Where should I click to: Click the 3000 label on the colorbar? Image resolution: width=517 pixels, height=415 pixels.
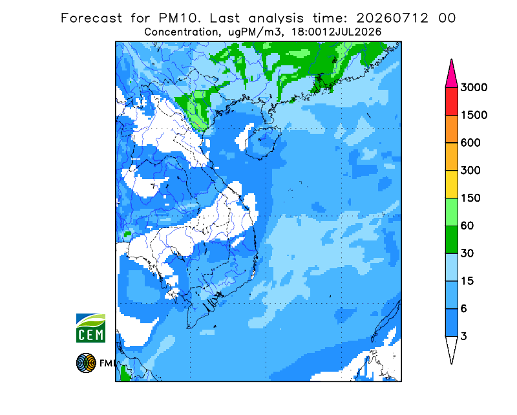point(474,87)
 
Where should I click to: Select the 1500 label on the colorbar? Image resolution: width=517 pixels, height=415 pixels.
point(474,115)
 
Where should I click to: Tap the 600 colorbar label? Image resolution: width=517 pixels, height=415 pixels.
point(470,143)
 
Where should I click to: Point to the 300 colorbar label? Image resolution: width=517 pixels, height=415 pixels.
point(470,171)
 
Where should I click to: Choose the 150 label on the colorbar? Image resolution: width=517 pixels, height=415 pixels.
point(470,198)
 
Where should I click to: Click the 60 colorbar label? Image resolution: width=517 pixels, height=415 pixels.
point(467,226)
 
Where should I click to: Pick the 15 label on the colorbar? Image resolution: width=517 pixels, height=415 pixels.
point(467,281)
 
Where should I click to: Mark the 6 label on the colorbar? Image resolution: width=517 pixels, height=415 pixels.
point(463,309)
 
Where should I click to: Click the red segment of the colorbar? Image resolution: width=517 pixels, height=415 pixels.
point(451,101)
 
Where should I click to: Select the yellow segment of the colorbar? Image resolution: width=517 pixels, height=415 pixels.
point(451,184)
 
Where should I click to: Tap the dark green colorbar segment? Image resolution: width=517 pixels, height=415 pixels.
point(451,240)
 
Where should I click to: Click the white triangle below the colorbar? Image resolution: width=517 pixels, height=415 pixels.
point(451,347)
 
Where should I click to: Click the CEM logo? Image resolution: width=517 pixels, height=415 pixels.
point(90,328)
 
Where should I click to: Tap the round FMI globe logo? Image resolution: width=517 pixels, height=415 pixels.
point(86,363)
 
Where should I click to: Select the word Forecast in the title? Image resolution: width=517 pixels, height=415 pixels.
point(91,18)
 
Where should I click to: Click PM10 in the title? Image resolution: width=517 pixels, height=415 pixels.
point(180,18)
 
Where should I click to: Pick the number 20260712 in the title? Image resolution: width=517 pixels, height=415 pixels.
point(392,18)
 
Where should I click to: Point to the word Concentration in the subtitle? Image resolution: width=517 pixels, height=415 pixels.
point(181,32)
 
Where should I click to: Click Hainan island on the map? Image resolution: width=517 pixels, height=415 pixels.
point(263,142)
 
